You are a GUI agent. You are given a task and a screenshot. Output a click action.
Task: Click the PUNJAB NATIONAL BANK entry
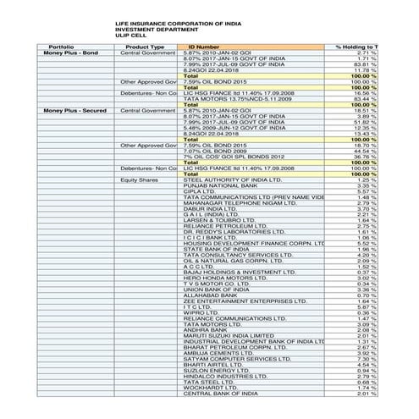[217, 186]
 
